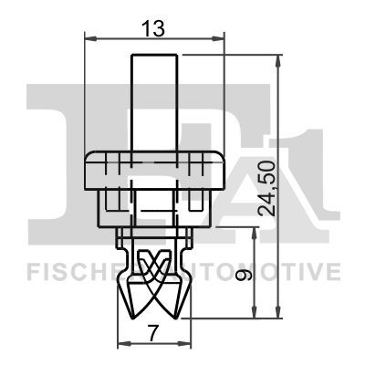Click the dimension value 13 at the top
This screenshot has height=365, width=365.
click(x=154, y=28)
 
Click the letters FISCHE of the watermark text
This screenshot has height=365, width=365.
click(x=65, y=272)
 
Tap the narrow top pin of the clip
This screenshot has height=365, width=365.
click(x=154, y=100)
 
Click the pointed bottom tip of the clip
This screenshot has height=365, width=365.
click(x=154, y=313)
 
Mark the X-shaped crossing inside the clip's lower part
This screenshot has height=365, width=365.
click(x=154, y=265)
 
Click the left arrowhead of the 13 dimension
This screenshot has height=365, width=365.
click(x=89, y=38)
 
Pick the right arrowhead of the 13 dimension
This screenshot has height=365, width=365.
click(x=220, y=38)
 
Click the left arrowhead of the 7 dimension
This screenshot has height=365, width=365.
click(x=123, y=346)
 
